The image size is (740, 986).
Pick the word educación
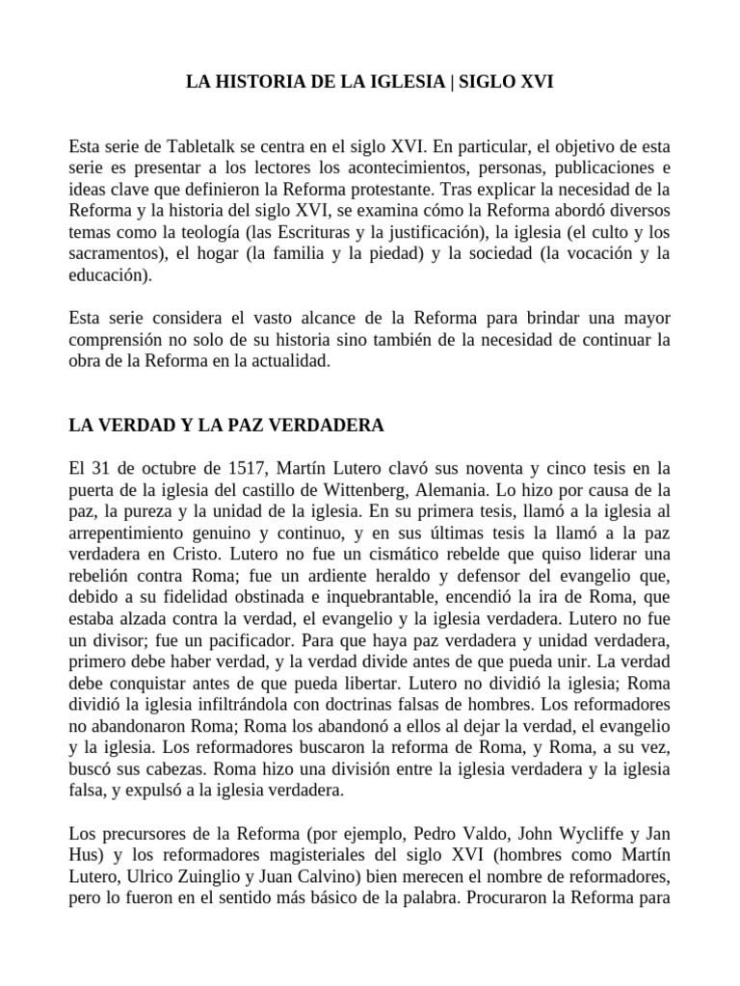(110, 274)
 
